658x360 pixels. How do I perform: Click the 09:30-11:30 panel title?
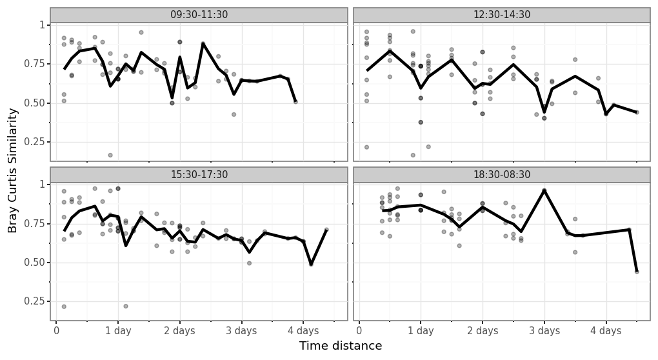point(199,15)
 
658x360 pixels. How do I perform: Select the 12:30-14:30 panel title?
point(502,15)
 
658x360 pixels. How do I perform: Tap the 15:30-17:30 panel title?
point(199,175)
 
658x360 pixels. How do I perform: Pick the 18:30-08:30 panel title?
point(502,175)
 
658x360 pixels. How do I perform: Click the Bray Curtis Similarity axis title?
point(13,171)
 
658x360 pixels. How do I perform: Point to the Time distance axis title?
point(341,346)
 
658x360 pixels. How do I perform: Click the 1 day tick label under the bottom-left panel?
point(118,331)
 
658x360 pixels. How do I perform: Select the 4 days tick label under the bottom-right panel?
point(606,331)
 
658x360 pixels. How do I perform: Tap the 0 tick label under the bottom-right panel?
point(359,331)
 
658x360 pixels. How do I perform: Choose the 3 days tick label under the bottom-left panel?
point(241,331)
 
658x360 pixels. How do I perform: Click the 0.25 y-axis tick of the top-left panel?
point(33,143)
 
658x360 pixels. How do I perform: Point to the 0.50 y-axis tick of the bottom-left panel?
point(33,263)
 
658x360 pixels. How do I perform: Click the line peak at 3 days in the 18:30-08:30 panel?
point(544,190)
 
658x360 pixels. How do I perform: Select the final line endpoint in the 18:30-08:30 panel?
point(637,272)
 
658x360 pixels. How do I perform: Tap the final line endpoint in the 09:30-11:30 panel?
point(295,102)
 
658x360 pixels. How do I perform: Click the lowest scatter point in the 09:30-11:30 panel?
point(110,155)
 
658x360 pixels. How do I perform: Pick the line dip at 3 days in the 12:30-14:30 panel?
point(544,112)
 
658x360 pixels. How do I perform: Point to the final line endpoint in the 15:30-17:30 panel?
point(326,230)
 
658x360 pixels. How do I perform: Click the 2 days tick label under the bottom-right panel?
point(483,331)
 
